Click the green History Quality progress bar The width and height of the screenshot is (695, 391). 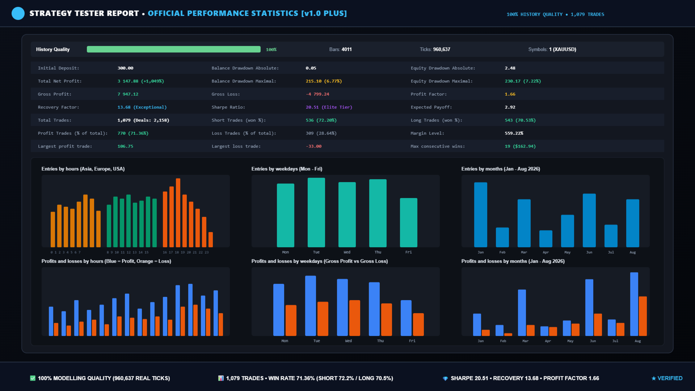[x=174, y=49]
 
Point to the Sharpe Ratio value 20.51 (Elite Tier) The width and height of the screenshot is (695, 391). [x=329, y=107]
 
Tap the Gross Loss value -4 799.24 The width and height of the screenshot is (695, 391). [x=317, y=94]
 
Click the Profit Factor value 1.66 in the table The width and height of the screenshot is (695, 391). [x=510, y=94]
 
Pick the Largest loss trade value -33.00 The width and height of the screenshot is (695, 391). [x=313, y=146]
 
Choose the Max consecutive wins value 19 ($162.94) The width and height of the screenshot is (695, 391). [x=520, y=146]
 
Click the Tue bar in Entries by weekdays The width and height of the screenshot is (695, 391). [x=316, y=213]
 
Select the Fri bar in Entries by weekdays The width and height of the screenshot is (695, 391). [x=409, y=223]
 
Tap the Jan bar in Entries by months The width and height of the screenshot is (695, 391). [x=481, y=215]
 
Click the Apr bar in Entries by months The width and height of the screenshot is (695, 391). [x=546, y=239]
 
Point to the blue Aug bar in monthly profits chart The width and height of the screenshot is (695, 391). [x=634, y=304]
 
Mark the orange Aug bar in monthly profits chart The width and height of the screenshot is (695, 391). [x=643, y=316]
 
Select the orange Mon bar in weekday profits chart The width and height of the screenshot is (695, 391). [x=291, y=320]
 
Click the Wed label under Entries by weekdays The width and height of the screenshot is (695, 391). [x=347, y=252]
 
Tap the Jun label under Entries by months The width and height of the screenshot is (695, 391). [x=589, y=252]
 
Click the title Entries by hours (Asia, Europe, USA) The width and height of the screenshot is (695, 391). [x=83, y=169]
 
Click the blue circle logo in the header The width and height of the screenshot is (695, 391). [x=18, y=13]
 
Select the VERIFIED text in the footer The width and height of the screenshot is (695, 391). [x=670, y=378]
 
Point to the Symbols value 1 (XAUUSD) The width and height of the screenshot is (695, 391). [x=563, y=49]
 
